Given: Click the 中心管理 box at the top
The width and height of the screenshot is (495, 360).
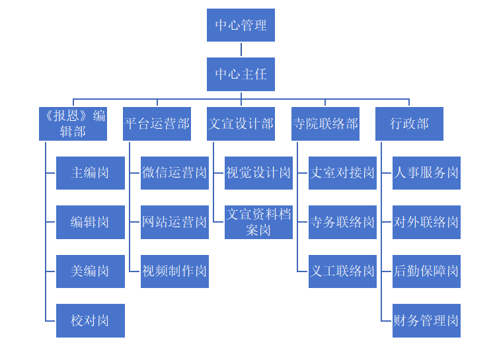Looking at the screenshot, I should [x=241, y=25].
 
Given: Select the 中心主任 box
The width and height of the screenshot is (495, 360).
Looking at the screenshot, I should [x=241, y=74].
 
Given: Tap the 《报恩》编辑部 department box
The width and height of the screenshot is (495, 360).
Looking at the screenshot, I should [x=73, y=124].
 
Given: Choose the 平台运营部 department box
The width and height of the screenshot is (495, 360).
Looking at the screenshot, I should [x=157, y=124].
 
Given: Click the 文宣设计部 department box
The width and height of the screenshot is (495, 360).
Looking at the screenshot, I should [x=241, y=124].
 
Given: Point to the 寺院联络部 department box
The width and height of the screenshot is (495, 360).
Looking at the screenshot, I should [x=325, y=124].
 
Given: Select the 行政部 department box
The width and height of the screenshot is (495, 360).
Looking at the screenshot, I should [x=409, y=124].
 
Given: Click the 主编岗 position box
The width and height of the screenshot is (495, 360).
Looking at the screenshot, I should [x=90, y=173].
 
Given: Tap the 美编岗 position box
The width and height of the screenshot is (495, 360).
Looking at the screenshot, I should [x=90, y=271].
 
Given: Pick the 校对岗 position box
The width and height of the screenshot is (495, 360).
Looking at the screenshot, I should [x=90, y=320].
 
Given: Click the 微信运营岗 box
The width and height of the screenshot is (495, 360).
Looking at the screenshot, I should [x=174, y=173].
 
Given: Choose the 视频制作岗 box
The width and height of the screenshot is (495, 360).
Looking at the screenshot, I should [x=174, y=271].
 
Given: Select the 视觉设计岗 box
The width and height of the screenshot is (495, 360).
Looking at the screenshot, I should [x=258, y=173].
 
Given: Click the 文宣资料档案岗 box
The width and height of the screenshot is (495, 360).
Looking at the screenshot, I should [x=258, y=222].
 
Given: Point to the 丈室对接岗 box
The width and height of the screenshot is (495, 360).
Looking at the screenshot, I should [x=342, y=173].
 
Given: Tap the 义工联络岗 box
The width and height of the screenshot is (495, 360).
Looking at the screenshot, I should [x=342, y=271].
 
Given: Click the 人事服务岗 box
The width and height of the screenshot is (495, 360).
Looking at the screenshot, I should [x=426, y=173].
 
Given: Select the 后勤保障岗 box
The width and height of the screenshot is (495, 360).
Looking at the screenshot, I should [x=426, y=271].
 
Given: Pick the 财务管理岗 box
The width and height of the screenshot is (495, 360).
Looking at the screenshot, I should [x=426, y=320].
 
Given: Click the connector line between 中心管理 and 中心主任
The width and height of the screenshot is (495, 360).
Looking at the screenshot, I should [x=241, y=50].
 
